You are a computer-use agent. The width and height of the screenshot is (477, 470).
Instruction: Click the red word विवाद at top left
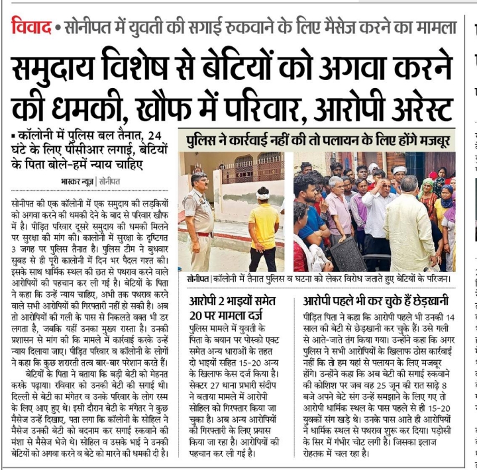click(x=31, y=27)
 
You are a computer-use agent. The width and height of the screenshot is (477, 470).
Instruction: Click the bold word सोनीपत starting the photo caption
click(x=199, y=279)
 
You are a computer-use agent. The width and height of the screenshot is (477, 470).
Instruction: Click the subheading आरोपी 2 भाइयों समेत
click(x=238, y=300)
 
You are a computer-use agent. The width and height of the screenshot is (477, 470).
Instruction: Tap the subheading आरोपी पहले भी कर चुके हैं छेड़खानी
click(x=378, y=300)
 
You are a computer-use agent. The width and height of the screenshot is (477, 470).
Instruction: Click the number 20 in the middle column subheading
click(x=197, y=314)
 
